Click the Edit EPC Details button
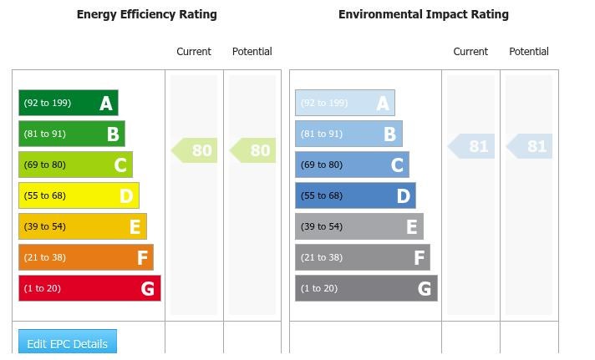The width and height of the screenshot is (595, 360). pos(68,342)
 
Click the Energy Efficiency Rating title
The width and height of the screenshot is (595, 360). pos(146,14)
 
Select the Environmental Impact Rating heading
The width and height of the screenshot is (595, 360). pos(423,14)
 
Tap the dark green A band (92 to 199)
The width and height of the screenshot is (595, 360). pos(69,103)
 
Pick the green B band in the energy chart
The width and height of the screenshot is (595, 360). pos(72,134)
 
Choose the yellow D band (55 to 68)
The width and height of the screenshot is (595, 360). pos(79,195)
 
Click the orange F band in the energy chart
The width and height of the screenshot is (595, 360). pos(86,257)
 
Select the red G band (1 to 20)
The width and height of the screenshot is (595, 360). pos(89,288)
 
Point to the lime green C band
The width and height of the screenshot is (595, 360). pos(75,165)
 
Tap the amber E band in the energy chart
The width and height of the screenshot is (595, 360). pos(83,226)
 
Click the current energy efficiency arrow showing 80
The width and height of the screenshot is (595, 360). pos(196,150)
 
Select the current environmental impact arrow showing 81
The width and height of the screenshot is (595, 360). pos(472,146)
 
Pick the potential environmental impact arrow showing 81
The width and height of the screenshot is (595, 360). pos(531,146)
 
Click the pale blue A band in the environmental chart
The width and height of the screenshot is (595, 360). pos(344,103)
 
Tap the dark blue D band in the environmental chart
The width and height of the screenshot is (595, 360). pos(355,195)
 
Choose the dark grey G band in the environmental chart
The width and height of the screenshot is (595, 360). pos(366,288)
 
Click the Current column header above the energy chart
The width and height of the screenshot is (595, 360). pos(194,52)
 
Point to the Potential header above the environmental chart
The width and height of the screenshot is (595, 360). pos(529,52)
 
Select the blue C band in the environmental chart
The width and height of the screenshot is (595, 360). pos(352,165)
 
